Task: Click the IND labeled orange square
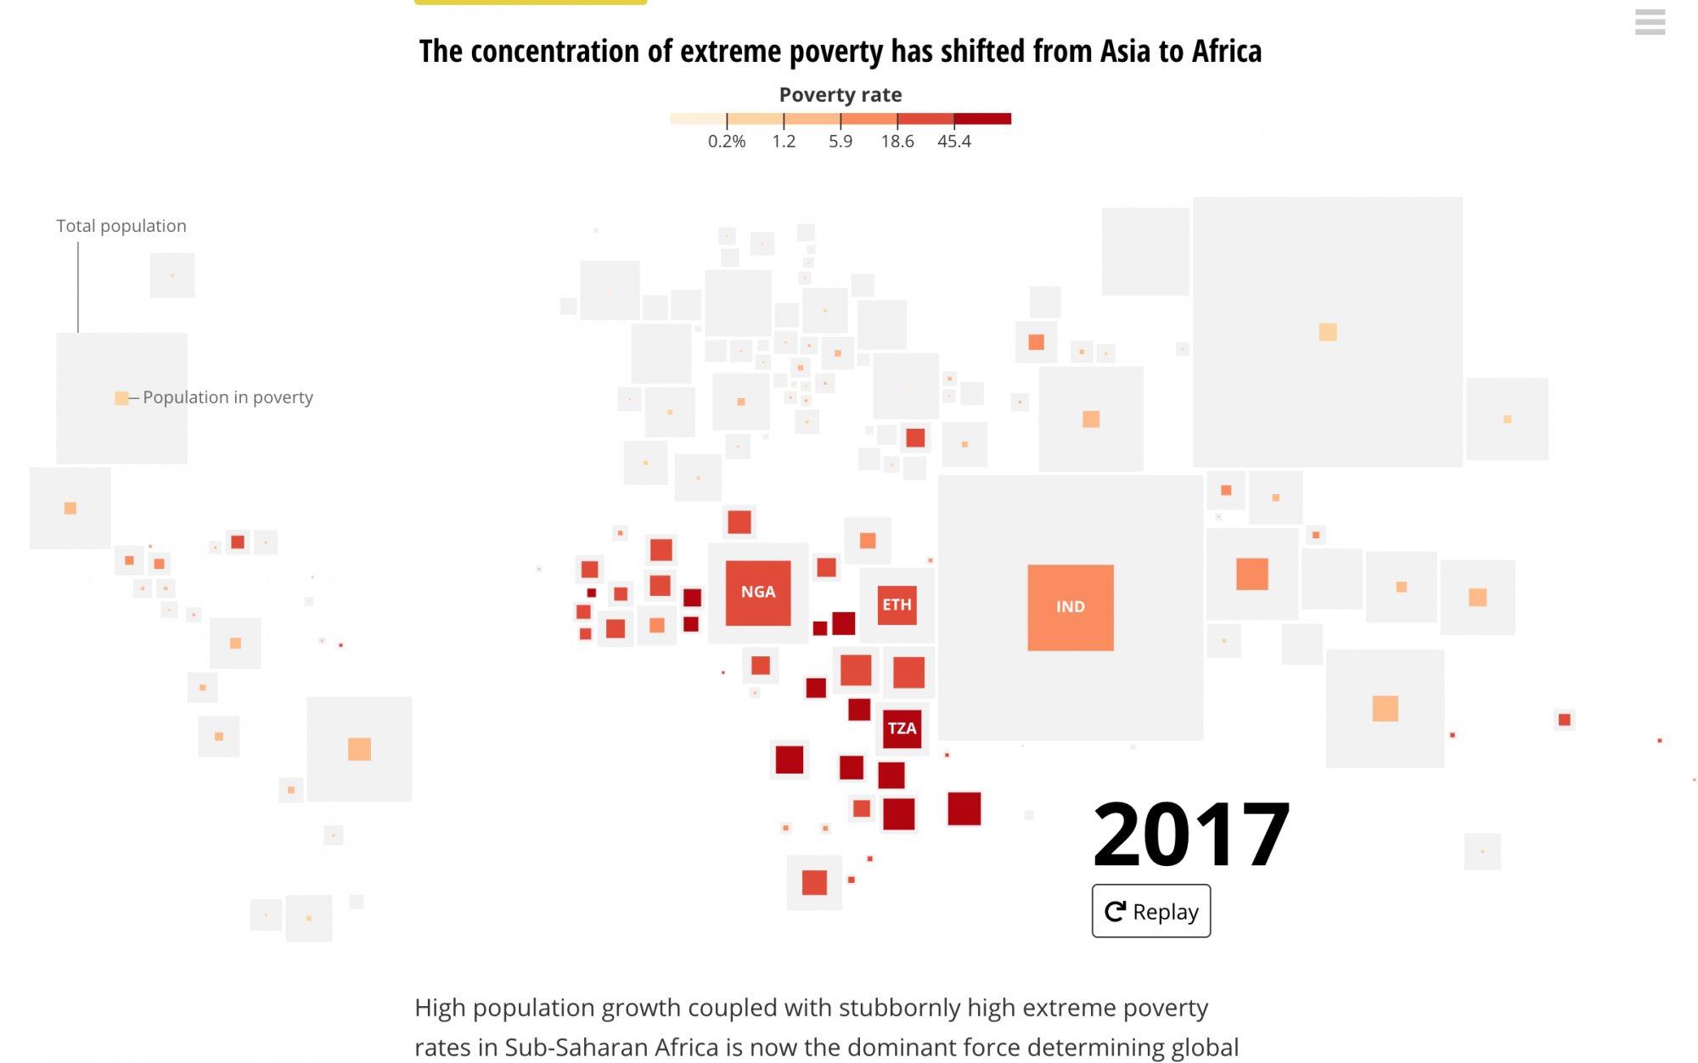[x=1070, y=607]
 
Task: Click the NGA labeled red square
[x=757, y=593]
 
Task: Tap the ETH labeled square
[x=897, y=605]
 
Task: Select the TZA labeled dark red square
[x=902, y=728]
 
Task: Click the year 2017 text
[x=1190, y=835]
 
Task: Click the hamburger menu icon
[x=1650, y=21]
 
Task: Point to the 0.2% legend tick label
[x=727, y=142]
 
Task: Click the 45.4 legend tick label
[x=953, y=142]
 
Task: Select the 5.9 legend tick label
[x=841, y=142]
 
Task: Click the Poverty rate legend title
[x=841, y=95]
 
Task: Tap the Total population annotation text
[x=121, y=226]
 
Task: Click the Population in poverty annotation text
[x=228, y=397]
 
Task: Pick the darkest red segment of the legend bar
[x=982, y=119]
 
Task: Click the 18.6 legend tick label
[x=897, y=142]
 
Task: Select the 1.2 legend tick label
[x=784, y=142]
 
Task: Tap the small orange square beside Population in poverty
[x=121, y=398]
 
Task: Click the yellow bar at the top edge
[x=531, y=3]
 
